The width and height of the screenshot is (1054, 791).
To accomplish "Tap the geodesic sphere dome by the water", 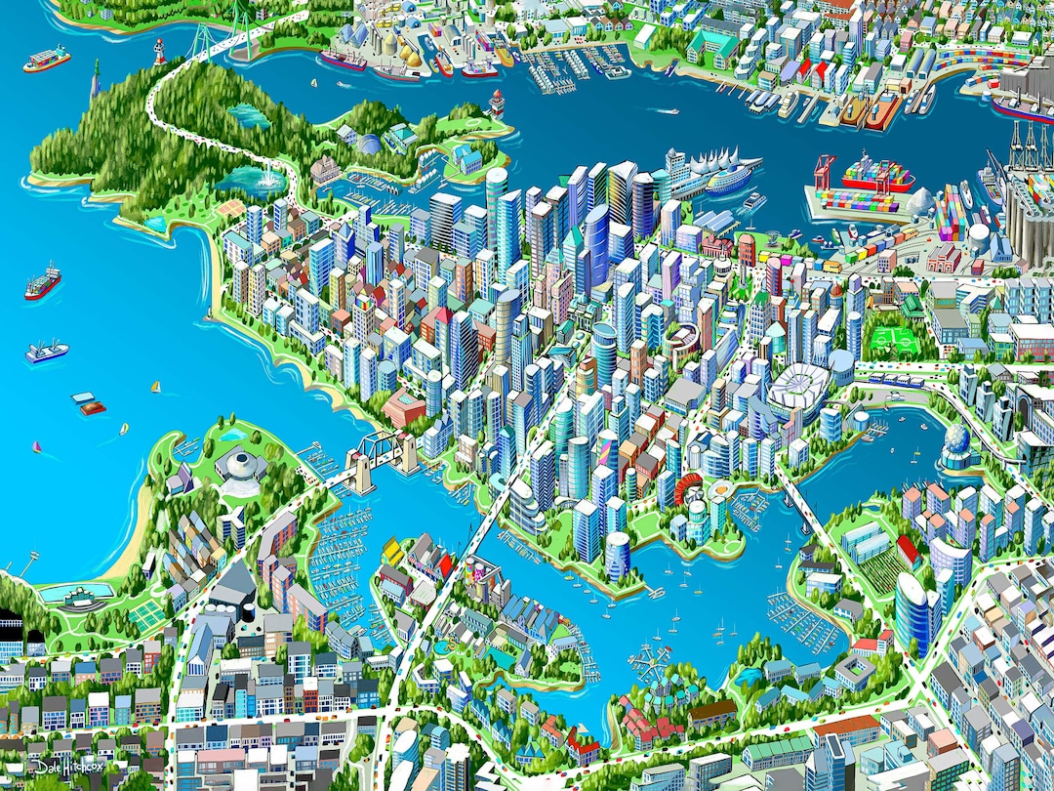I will (958, 447).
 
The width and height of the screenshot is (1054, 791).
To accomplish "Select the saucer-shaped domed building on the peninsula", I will (240, 461).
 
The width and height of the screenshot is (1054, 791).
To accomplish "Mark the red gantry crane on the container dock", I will (825, 170).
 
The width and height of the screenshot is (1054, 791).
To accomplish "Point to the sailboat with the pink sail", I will (38, 448).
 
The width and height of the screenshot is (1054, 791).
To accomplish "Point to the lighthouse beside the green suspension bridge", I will (159, 51).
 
